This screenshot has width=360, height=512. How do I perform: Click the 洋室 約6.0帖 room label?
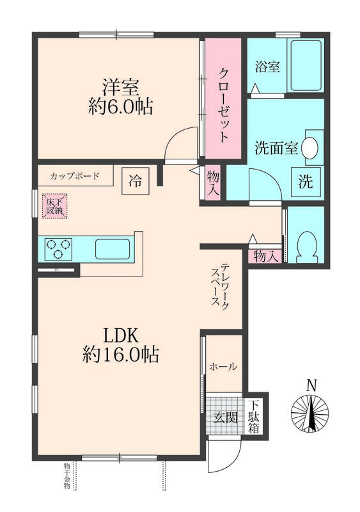[120, 96]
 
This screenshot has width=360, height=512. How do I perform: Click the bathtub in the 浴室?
[306, 67]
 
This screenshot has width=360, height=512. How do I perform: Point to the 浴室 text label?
[267, 67]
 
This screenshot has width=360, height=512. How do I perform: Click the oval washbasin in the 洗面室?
[309, 148]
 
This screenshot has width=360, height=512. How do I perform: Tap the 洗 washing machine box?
[306, 181]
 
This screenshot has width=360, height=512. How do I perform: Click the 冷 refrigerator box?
[135, 180]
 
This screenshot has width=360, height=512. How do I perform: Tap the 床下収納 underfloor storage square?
[54, 206]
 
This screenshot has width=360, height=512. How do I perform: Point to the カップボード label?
[75, 175]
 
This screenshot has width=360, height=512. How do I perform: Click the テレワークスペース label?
[221, 286]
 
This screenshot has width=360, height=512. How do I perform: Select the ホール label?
[223, 367]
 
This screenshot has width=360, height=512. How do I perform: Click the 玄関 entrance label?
[224, 418]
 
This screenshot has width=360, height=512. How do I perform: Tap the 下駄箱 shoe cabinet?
[254, 416]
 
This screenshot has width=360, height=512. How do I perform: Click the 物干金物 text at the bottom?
[67, 476]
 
